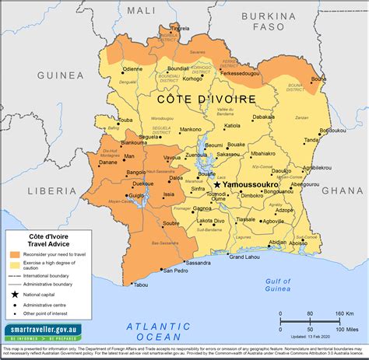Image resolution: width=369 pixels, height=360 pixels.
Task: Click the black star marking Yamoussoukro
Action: coord(217,184)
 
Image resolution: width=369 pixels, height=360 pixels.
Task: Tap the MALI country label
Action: coord(141,10)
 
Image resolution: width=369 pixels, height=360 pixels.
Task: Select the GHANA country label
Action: coord(343,190)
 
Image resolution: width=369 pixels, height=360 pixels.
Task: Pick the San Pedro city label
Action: coord(176,271)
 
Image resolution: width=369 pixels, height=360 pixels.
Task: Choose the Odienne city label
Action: coord(133,68)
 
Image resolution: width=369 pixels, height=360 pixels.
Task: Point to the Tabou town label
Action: coord(140,285)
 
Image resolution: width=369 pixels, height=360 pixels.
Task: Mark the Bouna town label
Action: coord(318,79)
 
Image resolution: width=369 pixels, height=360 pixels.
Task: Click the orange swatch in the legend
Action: coord(16,254)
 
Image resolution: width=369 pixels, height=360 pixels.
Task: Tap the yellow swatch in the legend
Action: coord(16,264)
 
